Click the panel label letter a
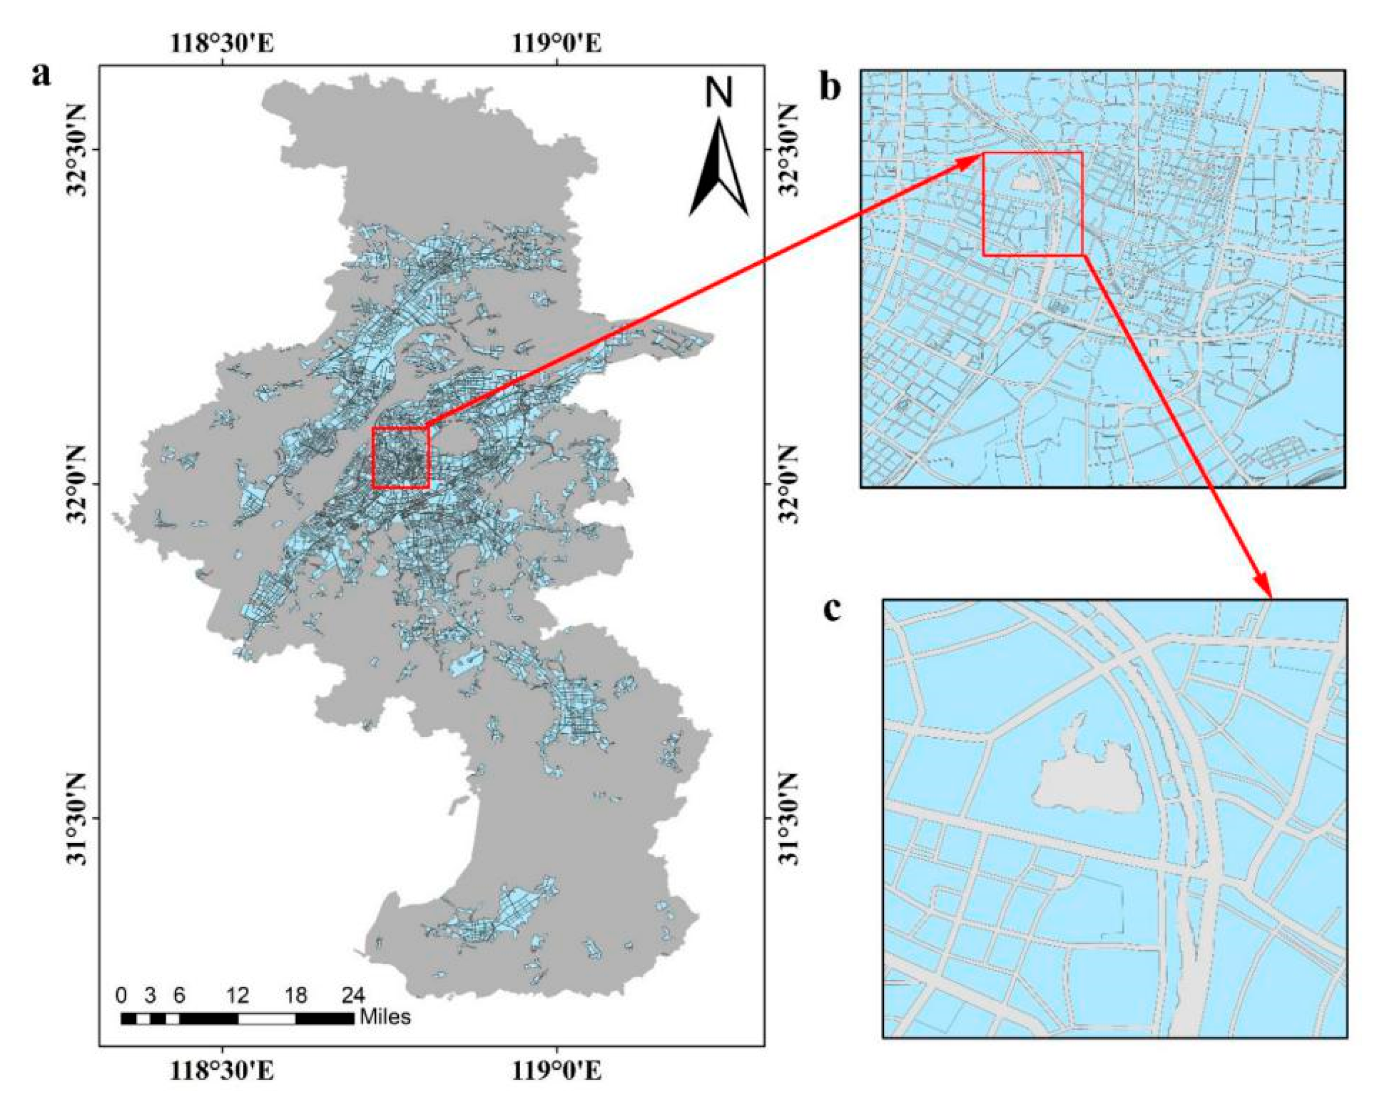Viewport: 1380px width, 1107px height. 42,75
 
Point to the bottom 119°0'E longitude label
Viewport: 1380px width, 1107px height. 557,1070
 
